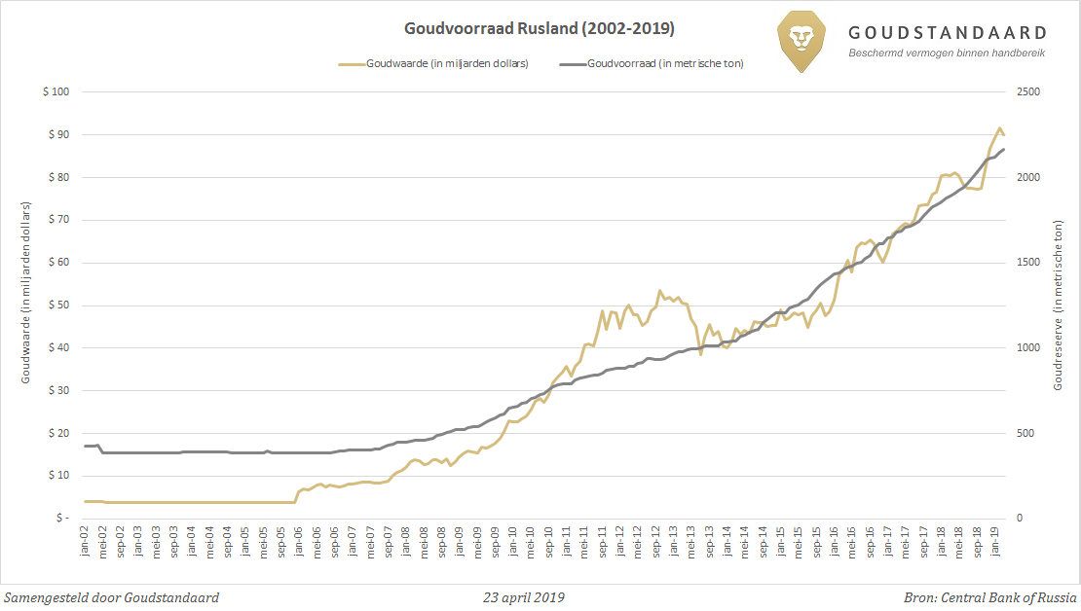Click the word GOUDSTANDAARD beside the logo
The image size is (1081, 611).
[x=948, y=33]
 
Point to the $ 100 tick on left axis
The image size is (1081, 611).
[x=56, y=92]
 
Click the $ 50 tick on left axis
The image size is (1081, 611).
[x=58, y=305]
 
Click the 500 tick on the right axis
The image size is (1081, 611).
[x=1026, y=433]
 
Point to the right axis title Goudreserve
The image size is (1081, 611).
[x=1058, y=305]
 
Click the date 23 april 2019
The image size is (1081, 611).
[x=523, y=597]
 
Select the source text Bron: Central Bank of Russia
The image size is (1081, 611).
[x=990, y=597]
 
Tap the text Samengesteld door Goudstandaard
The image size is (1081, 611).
[x=112, y=597]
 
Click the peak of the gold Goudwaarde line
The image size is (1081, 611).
[x=999, y=127]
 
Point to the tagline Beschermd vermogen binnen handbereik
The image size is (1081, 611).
[x=947, y=53]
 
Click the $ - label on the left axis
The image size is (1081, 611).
[x=61, y=519]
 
